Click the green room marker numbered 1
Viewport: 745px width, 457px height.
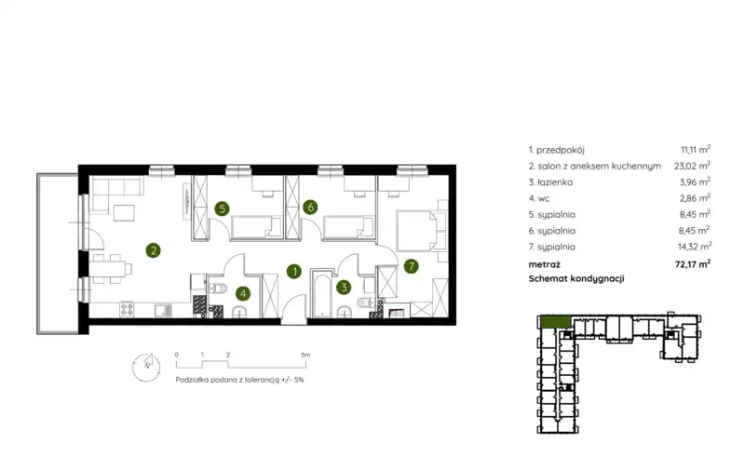[x=294, y=271]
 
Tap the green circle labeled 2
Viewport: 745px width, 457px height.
[x=153, y=250]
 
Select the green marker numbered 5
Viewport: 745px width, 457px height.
[x=222, y=208]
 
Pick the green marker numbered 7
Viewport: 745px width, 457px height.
[x=412, y=266]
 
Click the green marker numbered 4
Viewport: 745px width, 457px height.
[x=243, y=293]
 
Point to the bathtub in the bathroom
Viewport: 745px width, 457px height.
[x=322, y=294]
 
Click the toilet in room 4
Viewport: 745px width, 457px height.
[x=219, y=289]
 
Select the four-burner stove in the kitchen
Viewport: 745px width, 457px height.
[x=127, y=310]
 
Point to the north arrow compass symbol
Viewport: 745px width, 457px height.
[x=146, y=367]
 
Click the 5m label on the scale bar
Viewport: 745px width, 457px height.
[x=305, y=355]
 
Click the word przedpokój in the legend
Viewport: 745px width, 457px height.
[x=561, y=150]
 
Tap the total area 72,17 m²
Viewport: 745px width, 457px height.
[x=693, y=264]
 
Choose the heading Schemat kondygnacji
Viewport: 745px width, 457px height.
[x=576, y=279]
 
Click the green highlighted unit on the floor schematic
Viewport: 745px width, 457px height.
[x=555, y=322]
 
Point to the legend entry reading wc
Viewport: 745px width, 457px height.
[x=543, y=198]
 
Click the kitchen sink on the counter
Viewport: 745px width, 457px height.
[x=164, y=310]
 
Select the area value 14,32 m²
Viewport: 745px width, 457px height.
[x=695, y=247]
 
